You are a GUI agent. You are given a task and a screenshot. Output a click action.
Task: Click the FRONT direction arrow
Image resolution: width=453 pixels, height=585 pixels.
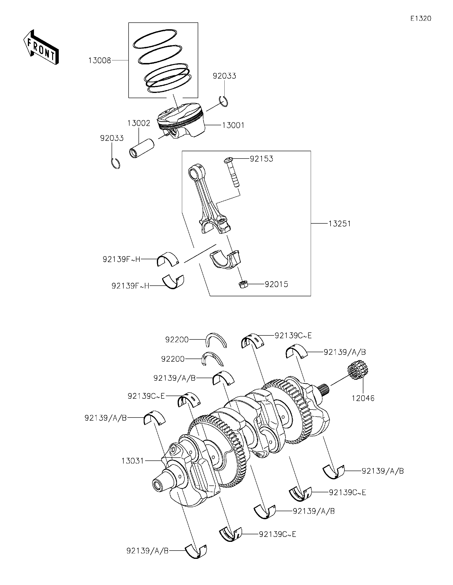41,47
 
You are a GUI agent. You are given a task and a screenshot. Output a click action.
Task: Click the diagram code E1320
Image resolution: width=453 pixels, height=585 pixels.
421,18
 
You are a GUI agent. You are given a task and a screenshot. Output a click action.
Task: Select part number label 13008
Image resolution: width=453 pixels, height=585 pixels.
100,61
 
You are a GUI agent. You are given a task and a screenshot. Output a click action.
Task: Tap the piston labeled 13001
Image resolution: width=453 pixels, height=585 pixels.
181,121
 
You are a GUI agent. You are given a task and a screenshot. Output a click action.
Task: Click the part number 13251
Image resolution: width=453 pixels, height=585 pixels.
340,223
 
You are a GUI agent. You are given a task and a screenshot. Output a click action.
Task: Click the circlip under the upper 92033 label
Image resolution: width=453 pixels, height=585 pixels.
223,101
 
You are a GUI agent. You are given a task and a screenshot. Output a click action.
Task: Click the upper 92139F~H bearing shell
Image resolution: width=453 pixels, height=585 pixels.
168,259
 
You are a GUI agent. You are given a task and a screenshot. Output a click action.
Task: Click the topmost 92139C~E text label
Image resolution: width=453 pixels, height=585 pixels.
293,335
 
